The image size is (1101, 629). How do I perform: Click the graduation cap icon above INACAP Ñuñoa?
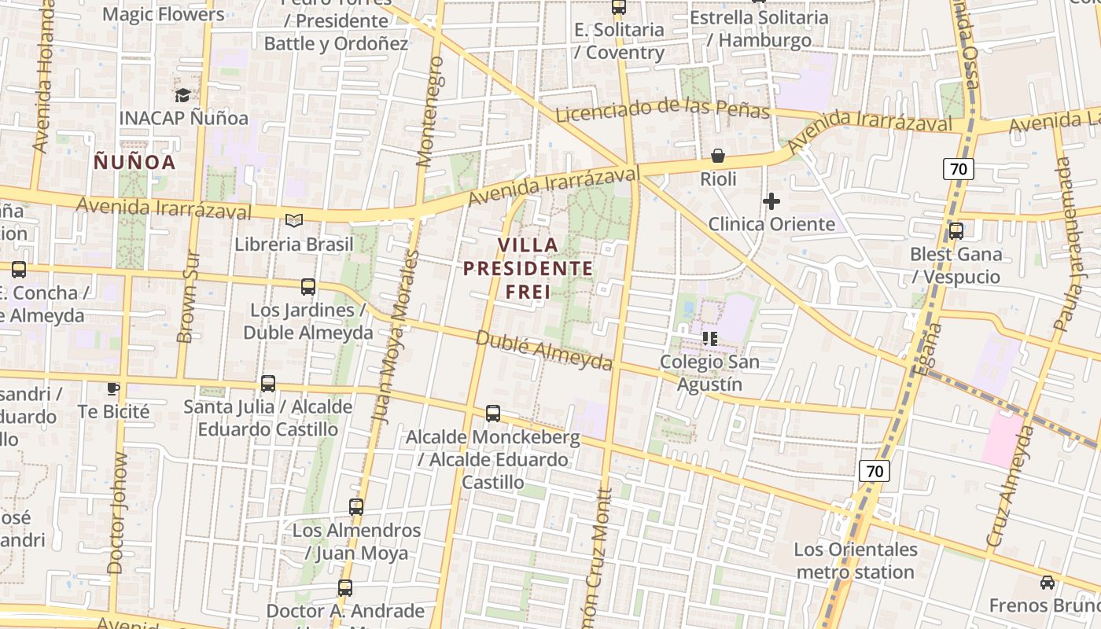click(182, 95)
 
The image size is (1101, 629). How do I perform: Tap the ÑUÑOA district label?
click(134, 162)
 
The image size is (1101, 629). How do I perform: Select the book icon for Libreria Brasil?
click(294, 221)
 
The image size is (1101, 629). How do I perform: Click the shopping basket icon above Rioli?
click(718, 156)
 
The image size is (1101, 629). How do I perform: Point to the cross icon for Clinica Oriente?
click(771, 201)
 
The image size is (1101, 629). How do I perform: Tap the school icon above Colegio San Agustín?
click(710, 339)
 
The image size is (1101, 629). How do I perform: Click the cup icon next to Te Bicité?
click(113, 388)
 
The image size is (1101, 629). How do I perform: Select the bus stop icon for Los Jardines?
click(308, 287)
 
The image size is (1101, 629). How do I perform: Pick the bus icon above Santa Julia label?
click(268, 384)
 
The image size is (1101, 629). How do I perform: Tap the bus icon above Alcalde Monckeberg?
click(493, 413)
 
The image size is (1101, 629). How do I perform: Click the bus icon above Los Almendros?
click(356, 507)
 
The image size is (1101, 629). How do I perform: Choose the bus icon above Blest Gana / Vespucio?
click(956, 231)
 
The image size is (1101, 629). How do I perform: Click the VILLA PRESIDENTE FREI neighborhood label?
click(528, 268)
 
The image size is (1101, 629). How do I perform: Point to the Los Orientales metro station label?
click(856, 561)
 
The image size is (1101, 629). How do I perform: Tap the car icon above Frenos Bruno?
click(1048, 583)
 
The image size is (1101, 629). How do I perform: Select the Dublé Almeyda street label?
click(544, 350)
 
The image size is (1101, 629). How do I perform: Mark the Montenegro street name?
click(429, 111)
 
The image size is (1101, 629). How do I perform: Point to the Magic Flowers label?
click(163, 14)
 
